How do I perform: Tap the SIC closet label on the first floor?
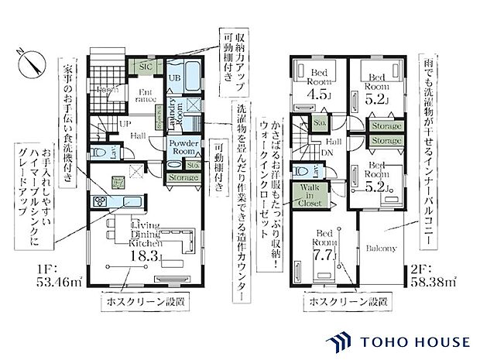[x=145, y=67]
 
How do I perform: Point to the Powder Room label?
[x=186, y=149]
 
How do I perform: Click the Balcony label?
[x=382, y=249]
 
